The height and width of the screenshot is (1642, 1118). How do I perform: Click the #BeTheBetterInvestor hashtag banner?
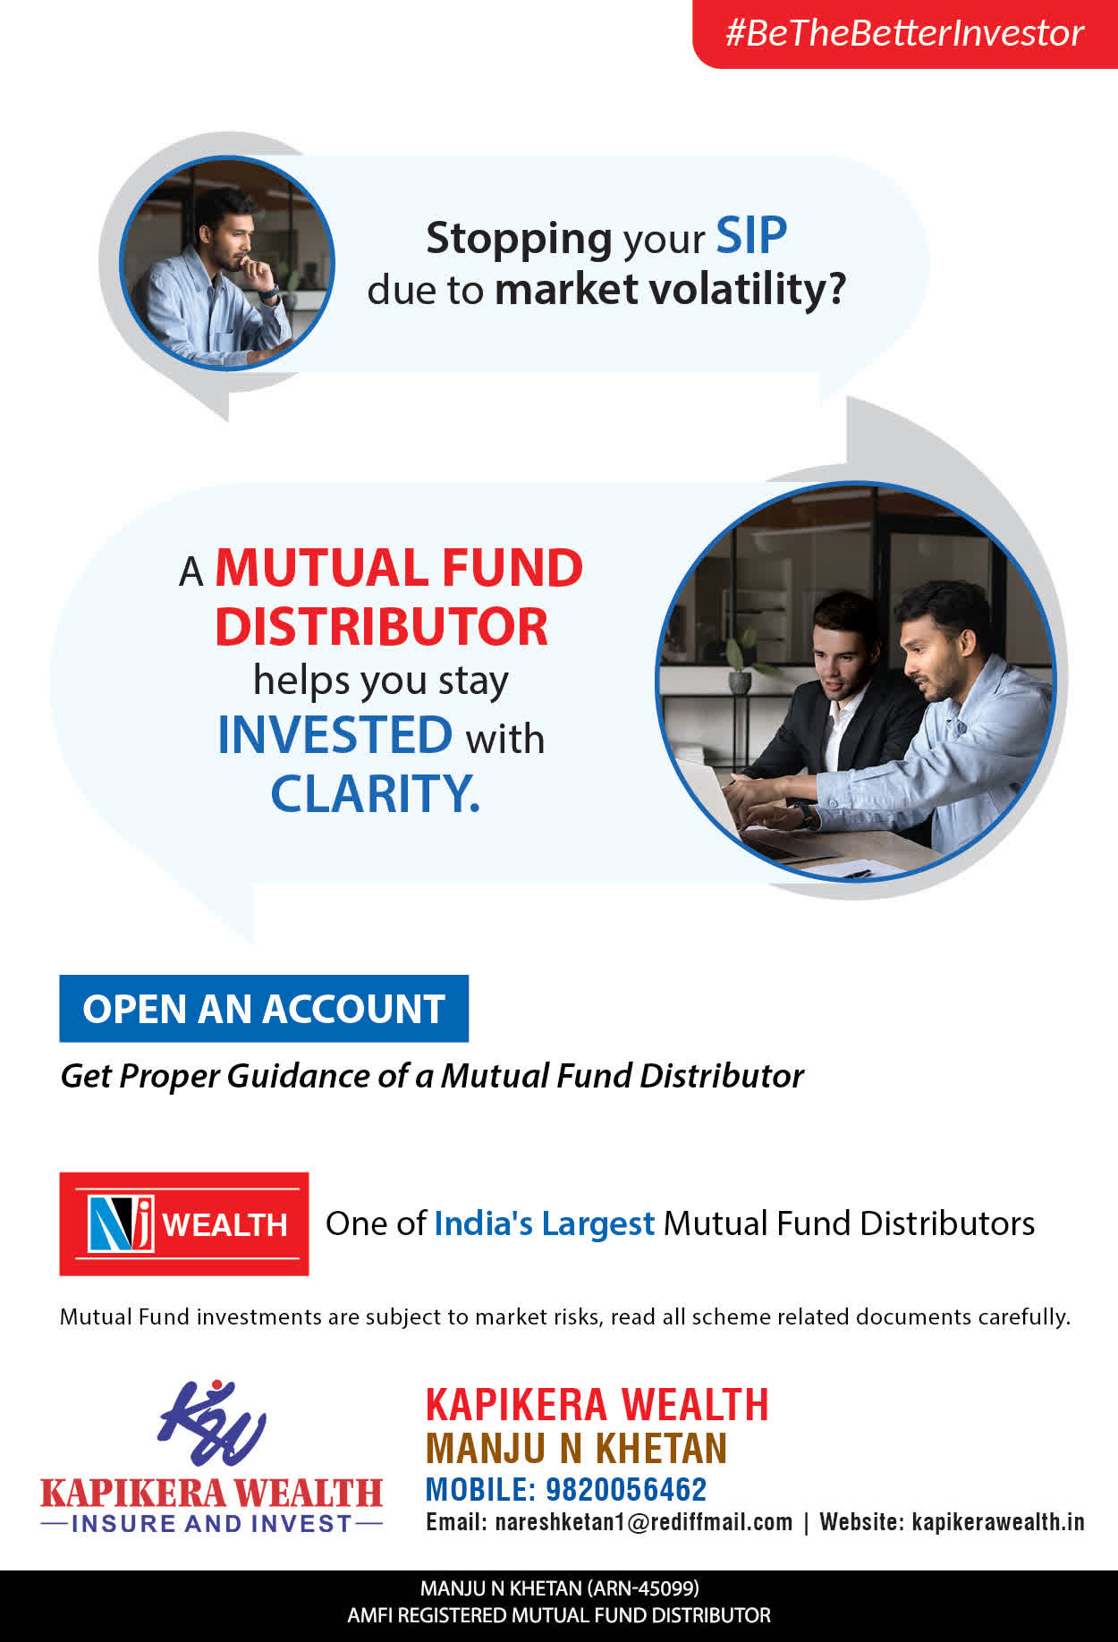pos(905,33)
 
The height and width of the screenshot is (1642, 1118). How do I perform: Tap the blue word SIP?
pos(751,236)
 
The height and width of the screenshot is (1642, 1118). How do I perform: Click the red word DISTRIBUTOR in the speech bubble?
pos(382,627)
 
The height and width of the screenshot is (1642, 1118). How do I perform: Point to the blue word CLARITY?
pos(376,793)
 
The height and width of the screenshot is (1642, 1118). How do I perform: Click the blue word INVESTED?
pos(335,735)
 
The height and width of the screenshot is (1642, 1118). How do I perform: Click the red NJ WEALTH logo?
pos(184,1223)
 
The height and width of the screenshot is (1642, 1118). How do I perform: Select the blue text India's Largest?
pos(545,1223)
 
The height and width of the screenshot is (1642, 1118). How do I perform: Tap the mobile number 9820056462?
pos(626,1489)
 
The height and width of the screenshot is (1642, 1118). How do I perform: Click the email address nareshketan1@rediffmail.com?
pos(644,1522)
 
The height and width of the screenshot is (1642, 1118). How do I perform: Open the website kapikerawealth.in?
pos(998,1522)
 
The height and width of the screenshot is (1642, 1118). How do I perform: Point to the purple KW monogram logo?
pos(212,1423)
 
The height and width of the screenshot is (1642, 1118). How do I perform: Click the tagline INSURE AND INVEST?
pos(212,1524)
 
